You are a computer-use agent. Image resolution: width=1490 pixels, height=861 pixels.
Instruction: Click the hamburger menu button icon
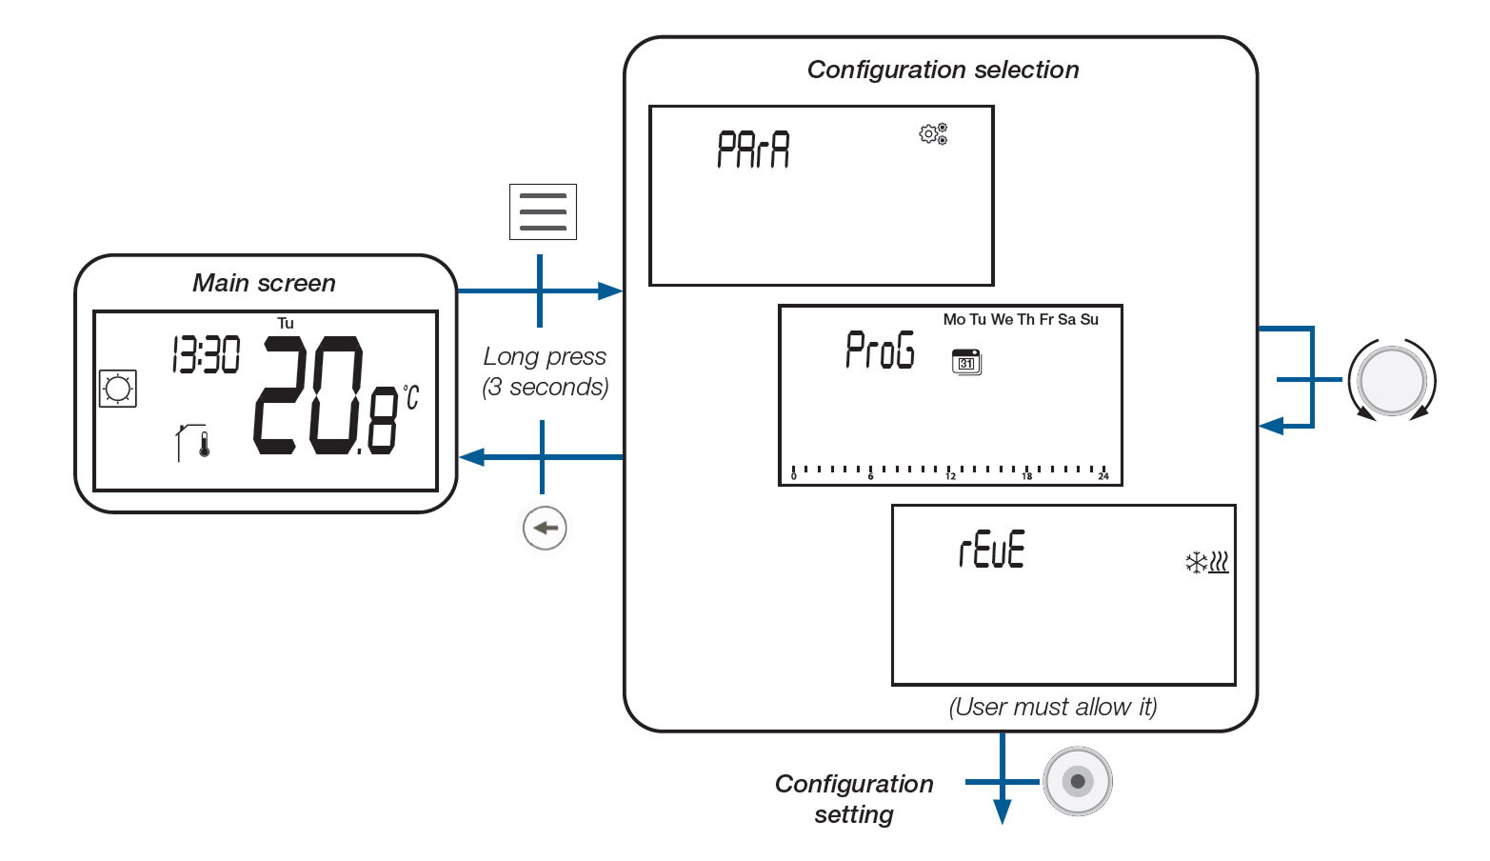tap(543, 211)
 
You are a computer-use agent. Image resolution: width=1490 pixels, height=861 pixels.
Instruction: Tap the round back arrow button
tap(545, 528)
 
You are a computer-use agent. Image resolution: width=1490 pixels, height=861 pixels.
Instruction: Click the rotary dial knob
tap(1392, 380)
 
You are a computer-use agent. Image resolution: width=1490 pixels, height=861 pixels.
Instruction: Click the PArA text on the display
tap(753, 150)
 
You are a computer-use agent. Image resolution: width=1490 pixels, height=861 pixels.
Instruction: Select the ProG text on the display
tap(880, 350)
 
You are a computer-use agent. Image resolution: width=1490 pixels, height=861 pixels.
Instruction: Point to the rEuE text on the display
tap(991, 551)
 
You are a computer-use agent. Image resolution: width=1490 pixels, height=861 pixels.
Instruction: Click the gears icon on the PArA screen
tap(933, 134)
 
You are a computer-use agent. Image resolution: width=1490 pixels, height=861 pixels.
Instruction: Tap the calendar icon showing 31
tap(966, 362)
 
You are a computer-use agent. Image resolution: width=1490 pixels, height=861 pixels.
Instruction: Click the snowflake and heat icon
tap(1206, 563)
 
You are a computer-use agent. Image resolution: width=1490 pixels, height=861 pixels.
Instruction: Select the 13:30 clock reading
tap(206, 355)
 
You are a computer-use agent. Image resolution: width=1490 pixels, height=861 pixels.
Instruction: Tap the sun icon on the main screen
tap(118, 389)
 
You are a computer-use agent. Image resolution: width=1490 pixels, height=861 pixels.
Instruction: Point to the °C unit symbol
tap(410, 396)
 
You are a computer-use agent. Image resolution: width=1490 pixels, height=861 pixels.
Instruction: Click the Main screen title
tap(264, 283)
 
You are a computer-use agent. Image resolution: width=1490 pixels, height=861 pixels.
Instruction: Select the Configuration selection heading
tap(943, 70)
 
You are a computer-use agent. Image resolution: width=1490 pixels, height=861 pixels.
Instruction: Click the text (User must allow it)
tap(1053, 707)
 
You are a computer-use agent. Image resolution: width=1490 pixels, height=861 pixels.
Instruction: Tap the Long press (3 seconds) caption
tap(545, 371)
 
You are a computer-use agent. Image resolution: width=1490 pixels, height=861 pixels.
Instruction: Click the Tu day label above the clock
tap(286, 323)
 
